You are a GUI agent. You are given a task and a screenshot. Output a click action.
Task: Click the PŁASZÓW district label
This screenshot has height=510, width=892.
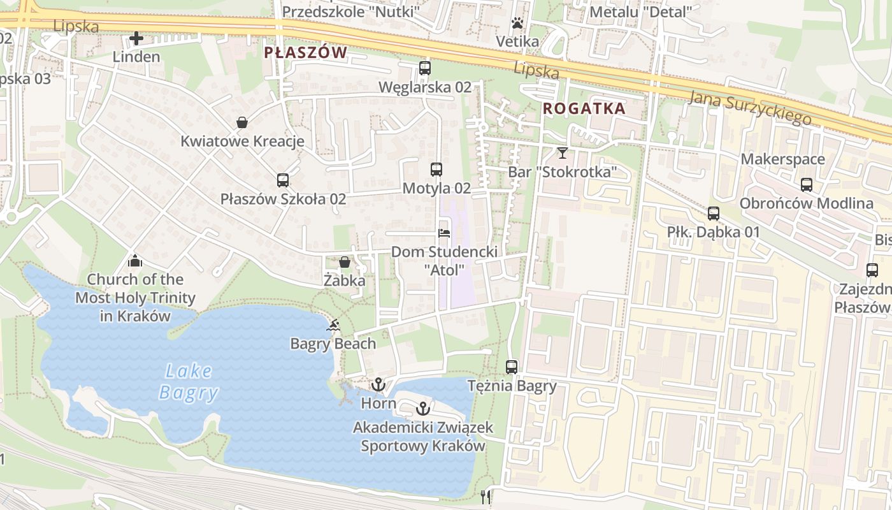tap(306, 52)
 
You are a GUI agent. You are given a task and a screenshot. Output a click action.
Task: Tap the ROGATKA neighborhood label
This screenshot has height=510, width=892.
tap(584, 109)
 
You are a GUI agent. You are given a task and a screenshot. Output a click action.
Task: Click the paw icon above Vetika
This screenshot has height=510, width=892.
tap(517, 24)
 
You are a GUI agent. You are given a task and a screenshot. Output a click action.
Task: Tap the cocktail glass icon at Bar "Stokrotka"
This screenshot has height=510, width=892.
tap(562, 152)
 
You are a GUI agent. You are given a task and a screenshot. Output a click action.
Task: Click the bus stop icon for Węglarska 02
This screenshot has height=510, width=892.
tap(424, 68)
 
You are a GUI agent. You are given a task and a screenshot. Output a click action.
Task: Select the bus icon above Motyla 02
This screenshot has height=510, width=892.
tap(436, 169)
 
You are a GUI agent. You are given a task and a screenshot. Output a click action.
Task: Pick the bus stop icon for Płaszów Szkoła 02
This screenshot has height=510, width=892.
tap(283, 180)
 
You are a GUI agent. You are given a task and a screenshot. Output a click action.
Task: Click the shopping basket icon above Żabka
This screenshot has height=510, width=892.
tap(344, 261)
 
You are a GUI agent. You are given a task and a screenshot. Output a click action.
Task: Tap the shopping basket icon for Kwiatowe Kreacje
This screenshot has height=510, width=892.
tap(242, 122)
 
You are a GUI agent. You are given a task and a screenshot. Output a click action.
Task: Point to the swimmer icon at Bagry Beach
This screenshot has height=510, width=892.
tap(333, 326)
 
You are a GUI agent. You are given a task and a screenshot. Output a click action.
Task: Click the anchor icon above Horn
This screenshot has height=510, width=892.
tap(378, 384)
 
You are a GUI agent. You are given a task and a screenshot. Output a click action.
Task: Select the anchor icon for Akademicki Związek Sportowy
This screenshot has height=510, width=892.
tap(422, 409)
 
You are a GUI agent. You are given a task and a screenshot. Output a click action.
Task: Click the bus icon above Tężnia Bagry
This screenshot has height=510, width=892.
tap(512, 367)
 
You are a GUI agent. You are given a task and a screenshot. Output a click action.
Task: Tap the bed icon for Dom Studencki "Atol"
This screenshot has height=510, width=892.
tap(444, 233)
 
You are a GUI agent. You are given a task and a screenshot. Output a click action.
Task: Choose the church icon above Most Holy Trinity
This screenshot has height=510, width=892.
tap(134, 260)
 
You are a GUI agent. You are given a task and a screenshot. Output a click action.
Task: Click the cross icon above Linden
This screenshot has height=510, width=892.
tap(136, 38)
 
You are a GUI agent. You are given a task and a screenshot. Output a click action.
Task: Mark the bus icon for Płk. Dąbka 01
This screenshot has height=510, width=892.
tap(714, 214)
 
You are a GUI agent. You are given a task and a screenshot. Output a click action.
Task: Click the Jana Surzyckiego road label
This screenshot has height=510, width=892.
tap(750, 107)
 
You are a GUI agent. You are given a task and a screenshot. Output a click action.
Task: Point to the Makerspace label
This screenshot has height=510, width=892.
tap(783, 159)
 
